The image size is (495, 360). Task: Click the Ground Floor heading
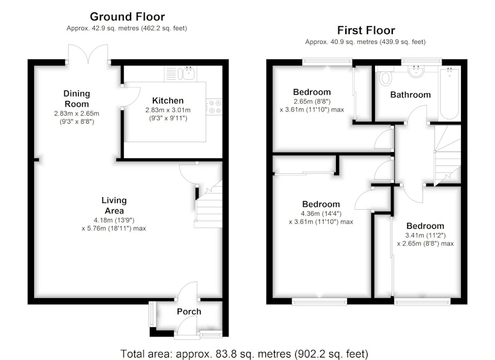tap(127, 17)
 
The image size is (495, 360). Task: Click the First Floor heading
tap(366, 30)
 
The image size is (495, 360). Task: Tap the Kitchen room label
tap(168, 101)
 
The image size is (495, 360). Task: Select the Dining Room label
tap(77, 99)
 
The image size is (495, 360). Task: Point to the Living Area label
tap(114, 205)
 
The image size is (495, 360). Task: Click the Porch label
tap(189, 312)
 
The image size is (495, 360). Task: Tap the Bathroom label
tap(410, 95)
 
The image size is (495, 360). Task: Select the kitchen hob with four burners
tap(214, 106)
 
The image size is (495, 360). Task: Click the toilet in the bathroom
tap(385, 77)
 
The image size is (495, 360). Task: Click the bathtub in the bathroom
tap(450, 93)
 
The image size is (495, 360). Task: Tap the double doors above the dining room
tap(88, 54)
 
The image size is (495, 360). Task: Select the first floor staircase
tap(447, 155)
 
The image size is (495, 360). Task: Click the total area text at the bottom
tap(244, 354)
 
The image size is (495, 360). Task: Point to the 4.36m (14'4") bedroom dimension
tap(321, 213)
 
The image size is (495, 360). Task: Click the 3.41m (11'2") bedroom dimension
tap(425, 236)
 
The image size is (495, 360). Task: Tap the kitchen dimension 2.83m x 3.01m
tap(168, 110)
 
